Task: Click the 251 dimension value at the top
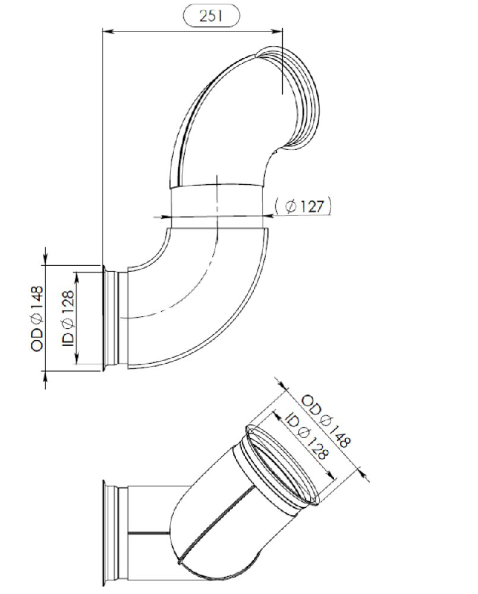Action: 212,16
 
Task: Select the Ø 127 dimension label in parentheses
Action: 304,206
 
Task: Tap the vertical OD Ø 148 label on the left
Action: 38,319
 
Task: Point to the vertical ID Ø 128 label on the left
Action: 68,319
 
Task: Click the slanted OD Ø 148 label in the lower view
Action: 326,421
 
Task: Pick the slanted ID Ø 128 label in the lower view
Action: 306,436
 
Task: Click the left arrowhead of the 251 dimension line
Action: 108,32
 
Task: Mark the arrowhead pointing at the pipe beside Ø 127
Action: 268,216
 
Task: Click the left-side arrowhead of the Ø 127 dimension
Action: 166,217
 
